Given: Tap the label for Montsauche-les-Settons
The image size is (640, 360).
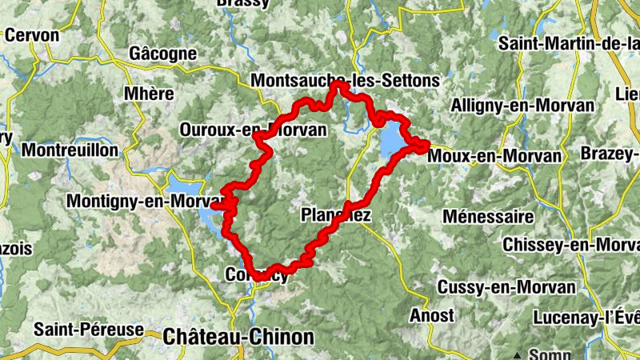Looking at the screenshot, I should point(345,80).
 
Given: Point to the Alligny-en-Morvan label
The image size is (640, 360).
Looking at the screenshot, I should point(522,106).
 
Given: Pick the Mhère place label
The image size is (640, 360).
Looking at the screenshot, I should point(149,94).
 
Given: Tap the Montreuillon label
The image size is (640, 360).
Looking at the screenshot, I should point(70,150).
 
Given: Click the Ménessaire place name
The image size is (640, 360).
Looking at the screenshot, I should point(487,216).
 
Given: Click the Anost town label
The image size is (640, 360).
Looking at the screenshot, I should point(431,315).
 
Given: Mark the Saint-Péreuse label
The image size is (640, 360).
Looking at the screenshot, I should point(88,329).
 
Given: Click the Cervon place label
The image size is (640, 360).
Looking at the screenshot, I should point(32,35).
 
